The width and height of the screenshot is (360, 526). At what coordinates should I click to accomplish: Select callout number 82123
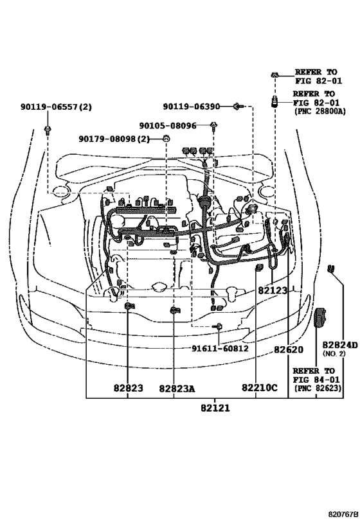(x=273, y=291)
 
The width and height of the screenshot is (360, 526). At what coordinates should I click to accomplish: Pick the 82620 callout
(x=289, y=349)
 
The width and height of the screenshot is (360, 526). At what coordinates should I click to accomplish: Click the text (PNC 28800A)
(x=318, y=110)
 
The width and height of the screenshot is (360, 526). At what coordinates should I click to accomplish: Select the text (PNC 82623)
(x=318, y=389)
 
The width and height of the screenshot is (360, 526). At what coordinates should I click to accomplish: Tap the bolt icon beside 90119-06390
(x=238, y=105)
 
